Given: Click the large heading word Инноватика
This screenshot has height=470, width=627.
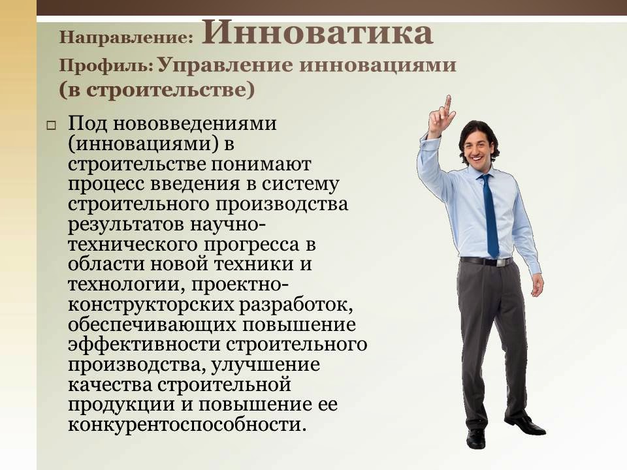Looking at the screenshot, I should (317, 33).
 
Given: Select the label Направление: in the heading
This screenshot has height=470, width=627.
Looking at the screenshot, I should (127, 37).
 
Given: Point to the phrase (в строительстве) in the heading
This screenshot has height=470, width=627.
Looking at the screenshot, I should (156, 89).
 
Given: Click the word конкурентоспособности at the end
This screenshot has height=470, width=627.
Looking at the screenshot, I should (187, 426).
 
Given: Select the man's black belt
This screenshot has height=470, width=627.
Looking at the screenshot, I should (486, 261).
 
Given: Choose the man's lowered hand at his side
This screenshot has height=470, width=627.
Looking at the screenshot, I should (537, 285).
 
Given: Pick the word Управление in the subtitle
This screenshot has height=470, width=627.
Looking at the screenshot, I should (223, 65).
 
